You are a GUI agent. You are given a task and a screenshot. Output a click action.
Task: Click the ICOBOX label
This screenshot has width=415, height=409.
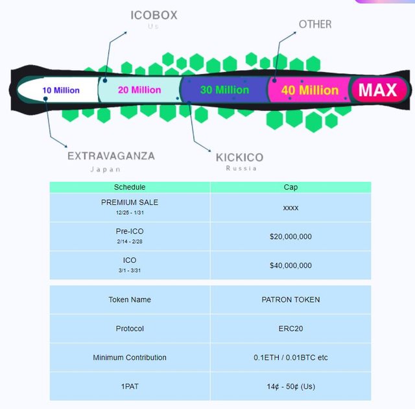tap(154, 15)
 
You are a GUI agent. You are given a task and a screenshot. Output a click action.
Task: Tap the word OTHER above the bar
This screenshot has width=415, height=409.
tap(315, 25)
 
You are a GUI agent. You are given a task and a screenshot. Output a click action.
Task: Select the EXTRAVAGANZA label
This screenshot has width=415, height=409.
tap(111, 156)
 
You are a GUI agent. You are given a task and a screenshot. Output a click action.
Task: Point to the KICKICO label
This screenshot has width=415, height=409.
tap(239, 158)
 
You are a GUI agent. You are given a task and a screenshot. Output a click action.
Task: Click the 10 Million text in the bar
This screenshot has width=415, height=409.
tap(61, 90)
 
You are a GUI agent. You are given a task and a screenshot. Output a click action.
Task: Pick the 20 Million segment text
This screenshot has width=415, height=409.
tap(139, 90)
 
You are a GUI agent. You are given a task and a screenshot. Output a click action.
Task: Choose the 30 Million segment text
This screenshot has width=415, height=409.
tap(224, 90)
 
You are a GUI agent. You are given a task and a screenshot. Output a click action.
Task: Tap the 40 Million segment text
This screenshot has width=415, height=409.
tap(310, 90)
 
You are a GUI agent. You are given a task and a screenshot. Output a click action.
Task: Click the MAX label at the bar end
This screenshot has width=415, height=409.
tap(377, 90)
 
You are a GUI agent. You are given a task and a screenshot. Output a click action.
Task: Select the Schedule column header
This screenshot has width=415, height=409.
tap(130, 187)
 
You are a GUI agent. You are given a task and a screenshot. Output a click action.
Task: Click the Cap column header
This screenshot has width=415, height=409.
tap(290, 187)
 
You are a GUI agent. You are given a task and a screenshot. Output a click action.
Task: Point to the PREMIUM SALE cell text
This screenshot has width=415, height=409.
tap(130, 203)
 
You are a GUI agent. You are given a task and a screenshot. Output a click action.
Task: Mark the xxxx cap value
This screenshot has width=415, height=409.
tap(290, 207)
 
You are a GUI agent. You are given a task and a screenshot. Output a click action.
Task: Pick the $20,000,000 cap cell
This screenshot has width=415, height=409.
tap(290, 237)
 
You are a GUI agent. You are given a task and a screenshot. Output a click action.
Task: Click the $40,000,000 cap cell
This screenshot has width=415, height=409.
tap(290, 266)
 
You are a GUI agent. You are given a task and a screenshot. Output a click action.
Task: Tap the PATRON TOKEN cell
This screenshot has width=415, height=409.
tap(290, 300)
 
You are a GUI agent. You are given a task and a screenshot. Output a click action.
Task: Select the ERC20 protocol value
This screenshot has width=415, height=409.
tap(290, 328)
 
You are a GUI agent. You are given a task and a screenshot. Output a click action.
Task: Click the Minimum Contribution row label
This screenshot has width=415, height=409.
tap(130, 358)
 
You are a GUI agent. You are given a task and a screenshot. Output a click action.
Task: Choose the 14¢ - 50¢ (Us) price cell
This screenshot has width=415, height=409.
tap(290, 386)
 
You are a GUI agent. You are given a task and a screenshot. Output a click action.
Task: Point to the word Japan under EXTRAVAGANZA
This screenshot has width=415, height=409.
tap(105, 169)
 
